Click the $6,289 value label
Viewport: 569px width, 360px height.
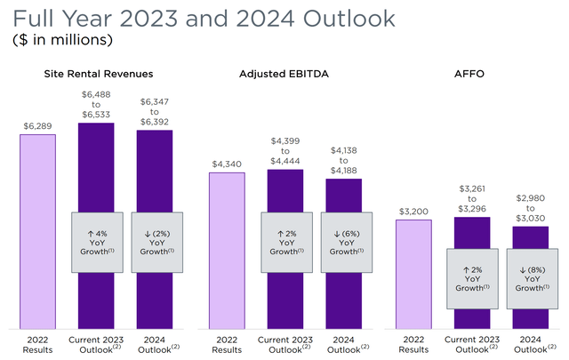[37, 125]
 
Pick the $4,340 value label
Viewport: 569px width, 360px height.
[226, 164]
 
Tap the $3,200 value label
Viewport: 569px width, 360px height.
[413, 211]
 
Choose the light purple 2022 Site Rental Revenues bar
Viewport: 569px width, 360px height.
[37, 231]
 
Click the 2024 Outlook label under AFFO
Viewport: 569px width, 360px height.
[532, 343]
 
